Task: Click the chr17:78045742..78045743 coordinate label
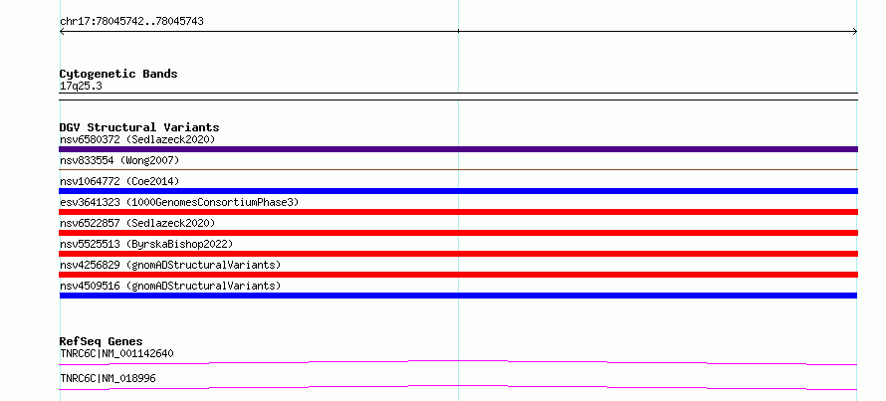[x=131, y=22]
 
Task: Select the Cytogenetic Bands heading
[x=118, y=74]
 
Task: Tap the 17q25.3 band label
[x=81, y=87]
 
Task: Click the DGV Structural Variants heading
[x=139, y=127]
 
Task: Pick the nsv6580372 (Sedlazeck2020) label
[x=137, y=139]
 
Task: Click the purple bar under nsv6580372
[x=458, y=149]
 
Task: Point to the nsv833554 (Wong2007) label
[x=119, y=160]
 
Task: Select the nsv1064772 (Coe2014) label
[x=119, y=181]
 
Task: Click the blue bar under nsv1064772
[x=458, y=191]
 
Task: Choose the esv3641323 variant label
[x=179, y=202]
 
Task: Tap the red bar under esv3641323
[x=458, y=212]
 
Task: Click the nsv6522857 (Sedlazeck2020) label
[x=137, y=223]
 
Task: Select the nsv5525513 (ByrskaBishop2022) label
[x=146, y=244]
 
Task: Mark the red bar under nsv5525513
[x=458, y=254]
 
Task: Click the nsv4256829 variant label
[x=170, y=265]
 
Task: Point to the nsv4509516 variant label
[x=170, y=286]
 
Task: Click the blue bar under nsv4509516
[x=458, y=296]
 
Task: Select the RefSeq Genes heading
[x=101, y=341]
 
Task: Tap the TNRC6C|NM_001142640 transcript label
[x=116, y=354]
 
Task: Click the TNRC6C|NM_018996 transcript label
[x=108, y=378]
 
